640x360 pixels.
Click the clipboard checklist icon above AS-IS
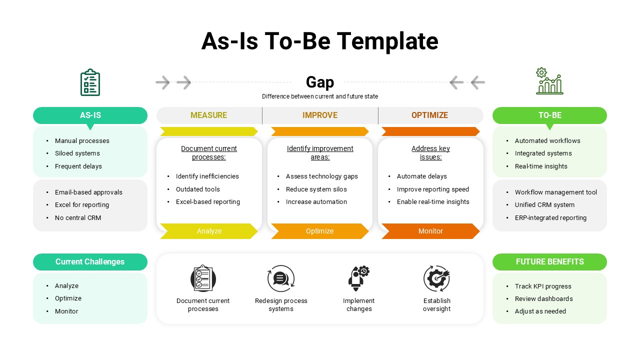click(90, 82)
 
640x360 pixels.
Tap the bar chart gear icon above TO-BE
click(549, 81)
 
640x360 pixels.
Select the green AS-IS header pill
click(90, 115)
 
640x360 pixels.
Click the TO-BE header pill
click(549, 115)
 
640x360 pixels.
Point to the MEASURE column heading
click(208, 115)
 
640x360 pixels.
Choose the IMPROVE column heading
click(320, 115)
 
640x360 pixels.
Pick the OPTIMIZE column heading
click(429, 115)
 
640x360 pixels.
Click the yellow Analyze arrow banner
click(208, 231)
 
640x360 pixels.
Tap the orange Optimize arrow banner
click(319, 231)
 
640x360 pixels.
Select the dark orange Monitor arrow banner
click(430, 231)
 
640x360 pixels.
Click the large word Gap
click(320, 82)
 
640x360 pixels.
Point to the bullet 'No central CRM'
click(78, 218)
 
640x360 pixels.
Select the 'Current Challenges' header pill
click(90, 262)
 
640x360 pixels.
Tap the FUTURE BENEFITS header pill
click(549, 262)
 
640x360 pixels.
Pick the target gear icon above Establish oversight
click(436, 278)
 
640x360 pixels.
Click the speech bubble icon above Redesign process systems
click(280, 278)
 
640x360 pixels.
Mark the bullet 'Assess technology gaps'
click(321, 176)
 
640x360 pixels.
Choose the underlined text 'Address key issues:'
click(430, 152)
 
